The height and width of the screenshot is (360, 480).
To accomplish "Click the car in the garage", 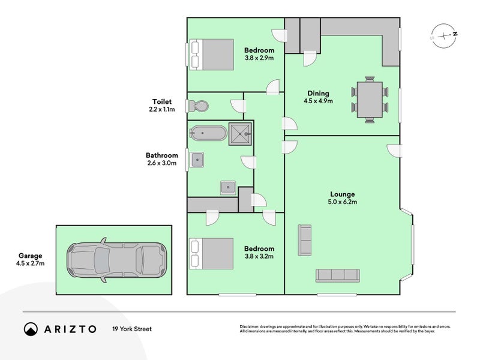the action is pyautogui.click(x=116, y=260).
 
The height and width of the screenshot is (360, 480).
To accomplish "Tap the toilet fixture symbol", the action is pyautogui.click(x=199, y=106).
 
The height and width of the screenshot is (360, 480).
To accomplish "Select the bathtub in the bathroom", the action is pyautogui.click(x=208, y=133).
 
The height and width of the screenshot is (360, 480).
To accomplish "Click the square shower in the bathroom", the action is pyautogui.click(x=241, y=134).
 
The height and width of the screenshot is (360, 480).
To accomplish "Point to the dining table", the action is pyautogui.click(x=370, y=100).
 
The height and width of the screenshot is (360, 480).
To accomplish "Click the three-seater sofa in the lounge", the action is pyautogui.click(x=338, y=275).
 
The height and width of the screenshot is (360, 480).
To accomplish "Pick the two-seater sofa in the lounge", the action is pyautogui.click(x=305, y=241).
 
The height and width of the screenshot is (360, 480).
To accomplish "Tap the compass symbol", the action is pyautogui.click(x=444, y=36).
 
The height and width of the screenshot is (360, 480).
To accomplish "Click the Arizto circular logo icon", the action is pyautogui.click(x=31, y=329).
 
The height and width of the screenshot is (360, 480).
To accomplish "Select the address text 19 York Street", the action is pyautogui.click(x=132, y=329).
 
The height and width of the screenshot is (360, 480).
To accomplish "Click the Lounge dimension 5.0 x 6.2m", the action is pyautogui.click(x=343, y=202).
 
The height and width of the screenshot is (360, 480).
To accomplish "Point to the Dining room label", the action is pyautogui.click(x=319, y=94).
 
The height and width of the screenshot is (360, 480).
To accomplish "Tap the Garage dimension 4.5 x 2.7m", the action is pyautogui.click(x=31, y=263).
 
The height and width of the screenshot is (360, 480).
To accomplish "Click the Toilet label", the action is pyautogui.click(x=162, y=101).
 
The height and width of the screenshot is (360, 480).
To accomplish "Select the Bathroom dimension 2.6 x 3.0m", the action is pyautogui.click(x=162, y=163).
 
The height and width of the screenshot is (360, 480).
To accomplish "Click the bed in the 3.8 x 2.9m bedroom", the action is pyautogui.click(x=212, y=55).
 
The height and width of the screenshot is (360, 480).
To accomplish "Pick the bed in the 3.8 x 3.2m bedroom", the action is pyautogui.click(x=212, y=254).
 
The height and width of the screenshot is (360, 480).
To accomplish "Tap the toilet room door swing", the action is pyautogui.click(x=238, y=106).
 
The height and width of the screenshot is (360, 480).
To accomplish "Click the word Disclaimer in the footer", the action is pyautogui.click(x=250, y=327).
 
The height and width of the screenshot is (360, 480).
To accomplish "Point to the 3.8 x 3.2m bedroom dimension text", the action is pyautogui.click(x=259, y=256).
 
